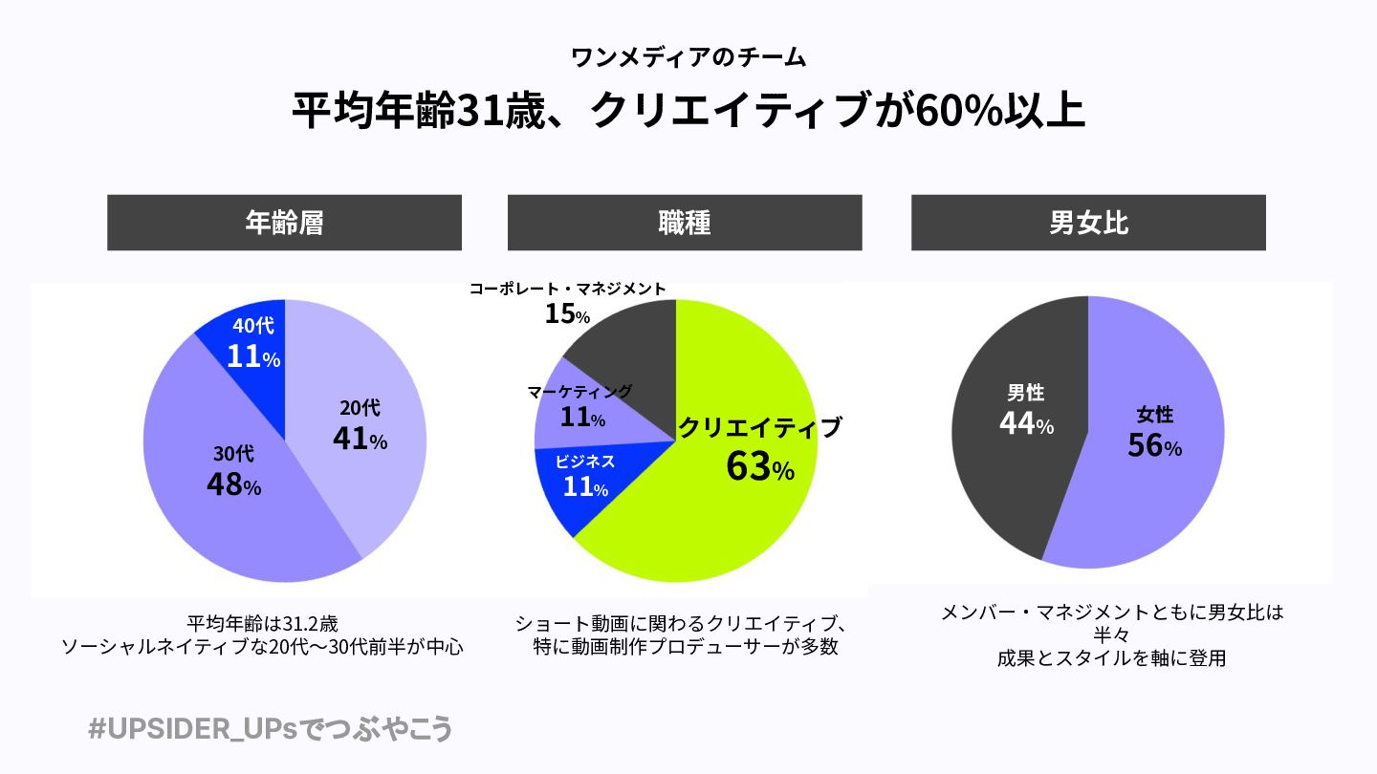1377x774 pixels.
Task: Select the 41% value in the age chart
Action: click(x=360, y=439)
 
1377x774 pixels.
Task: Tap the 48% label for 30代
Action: click(x=233, y=484)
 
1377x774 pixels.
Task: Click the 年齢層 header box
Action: click(x=284, y=223)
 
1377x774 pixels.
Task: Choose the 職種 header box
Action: click(x=685, y=223)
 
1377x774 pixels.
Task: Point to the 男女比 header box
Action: click(x=1088, y=223)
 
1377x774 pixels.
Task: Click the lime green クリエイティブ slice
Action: click(x=727, y=526)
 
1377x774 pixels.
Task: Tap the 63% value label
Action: click(x=759, y=467)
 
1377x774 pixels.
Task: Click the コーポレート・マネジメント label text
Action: click(x=567, y=289)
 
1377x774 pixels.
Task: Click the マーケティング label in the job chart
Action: click(x=580, y=391)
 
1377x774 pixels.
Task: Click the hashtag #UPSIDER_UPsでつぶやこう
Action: click(x=270, y=729)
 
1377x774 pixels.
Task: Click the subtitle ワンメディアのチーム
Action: click(x=688, y=58)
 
